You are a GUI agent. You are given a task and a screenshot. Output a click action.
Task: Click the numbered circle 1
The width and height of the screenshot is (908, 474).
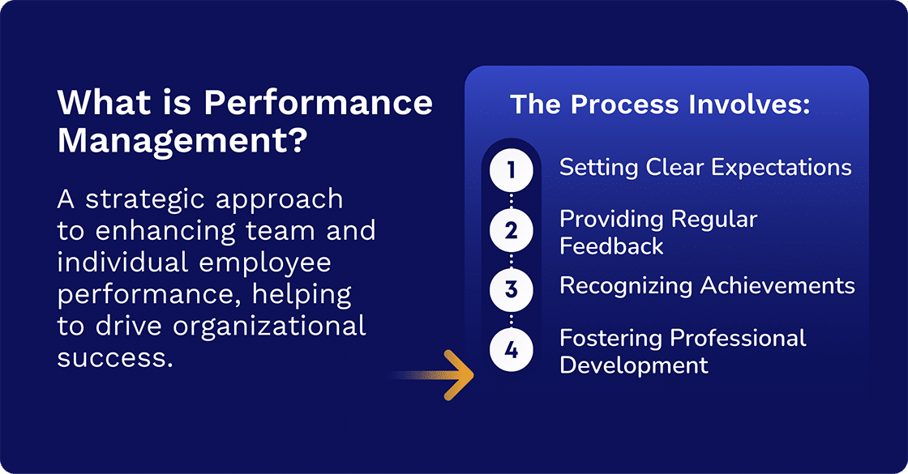pyautogui.click(x=511, y=171)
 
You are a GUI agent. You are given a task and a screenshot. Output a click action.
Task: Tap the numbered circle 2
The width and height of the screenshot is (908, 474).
pyautogui.click(x=511, y=231)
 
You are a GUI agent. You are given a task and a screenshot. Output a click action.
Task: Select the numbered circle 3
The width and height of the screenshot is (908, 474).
pyautogui.click(x=511, y=289)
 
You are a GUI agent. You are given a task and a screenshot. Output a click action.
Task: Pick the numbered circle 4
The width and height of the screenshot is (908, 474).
pyautogui.click(x=511, y=350)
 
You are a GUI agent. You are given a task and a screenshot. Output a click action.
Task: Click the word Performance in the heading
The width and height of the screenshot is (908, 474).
pyautogui.click(x=318, y=104)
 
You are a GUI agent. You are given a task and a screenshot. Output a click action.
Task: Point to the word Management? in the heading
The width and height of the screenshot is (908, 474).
pyautogui.click(x=182, y=140)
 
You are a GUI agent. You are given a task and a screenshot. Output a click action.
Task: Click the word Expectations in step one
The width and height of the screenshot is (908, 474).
pyautogui.click(x=781, y=168)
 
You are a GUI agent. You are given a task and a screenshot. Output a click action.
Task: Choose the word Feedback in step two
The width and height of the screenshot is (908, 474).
pyautogui.click(x=611, y=246)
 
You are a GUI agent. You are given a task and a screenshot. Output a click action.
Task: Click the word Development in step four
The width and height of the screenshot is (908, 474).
pyautogui.click(x=634, y=365)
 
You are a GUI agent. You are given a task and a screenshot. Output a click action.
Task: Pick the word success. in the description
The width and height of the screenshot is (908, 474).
pyautogui.click(x=115, y=357)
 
